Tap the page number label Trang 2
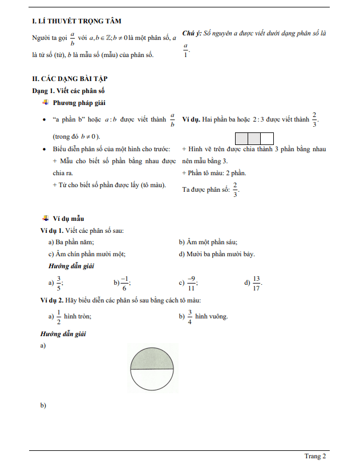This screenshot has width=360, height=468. tap(315, 456)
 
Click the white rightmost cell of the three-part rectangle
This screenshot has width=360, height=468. tap(267, 139)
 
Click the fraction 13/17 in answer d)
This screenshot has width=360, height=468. tap(256, 283)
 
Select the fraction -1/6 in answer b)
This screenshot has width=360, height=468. tap(125, 283)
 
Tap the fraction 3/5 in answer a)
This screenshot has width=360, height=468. tap(58, 283)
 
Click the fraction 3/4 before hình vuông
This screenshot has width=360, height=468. tap(189, 317)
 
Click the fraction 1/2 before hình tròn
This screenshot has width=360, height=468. tap(58, 317)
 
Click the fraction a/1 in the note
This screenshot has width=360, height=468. tap(185, 51)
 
